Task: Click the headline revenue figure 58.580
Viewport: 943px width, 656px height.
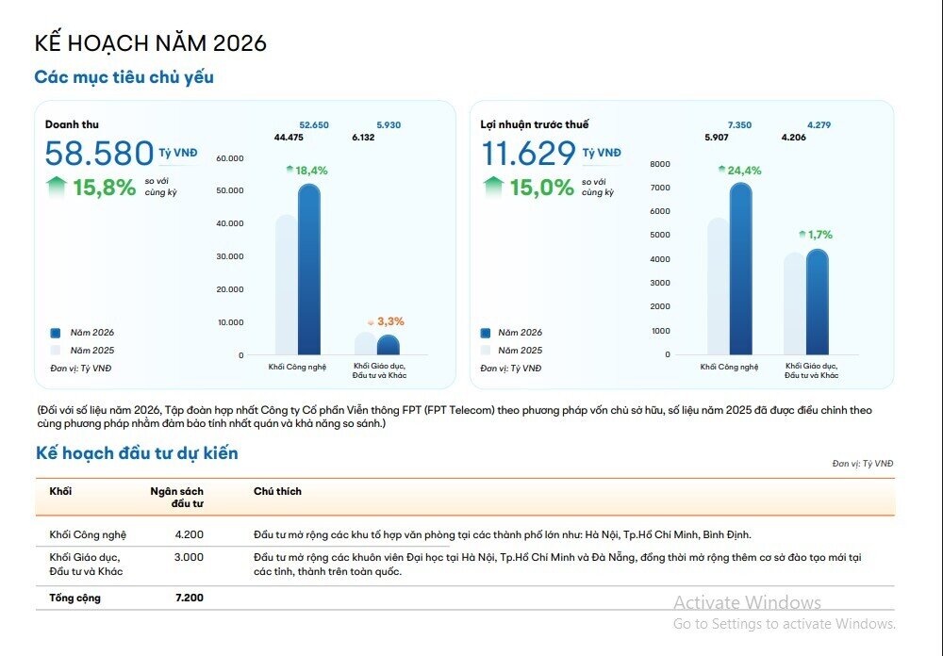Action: [x=99, y=154]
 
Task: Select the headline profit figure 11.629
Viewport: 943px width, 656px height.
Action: [x=528, y=154]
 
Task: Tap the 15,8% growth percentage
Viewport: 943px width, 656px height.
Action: [x=104, y=188]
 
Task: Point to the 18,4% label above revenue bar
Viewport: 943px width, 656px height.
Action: [x=310, y=171]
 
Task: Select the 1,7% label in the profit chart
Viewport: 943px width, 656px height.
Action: [x=819, y=235]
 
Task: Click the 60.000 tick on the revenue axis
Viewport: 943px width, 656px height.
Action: [x=229, y=158]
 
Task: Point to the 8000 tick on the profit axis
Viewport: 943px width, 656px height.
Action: [x=660, y=164]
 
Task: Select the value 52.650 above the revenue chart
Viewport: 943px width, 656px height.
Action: [x=314, y=125]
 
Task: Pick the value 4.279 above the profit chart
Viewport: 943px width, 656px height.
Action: [x=819, y=125]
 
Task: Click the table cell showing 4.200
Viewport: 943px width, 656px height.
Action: [x=189, y=534]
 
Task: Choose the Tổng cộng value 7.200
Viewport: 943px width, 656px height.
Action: [x=189, y=598]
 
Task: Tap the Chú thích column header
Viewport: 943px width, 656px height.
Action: [x=277, y=491]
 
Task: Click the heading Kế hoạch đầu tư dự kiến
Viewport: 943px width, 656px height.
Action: [x=137, y=453]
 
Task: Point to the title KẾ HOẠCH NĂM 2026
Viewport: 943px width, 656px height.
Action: [x=151, y=43]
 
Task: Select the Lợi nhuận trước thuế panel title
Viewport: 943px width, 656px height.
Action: [x=534, y=124]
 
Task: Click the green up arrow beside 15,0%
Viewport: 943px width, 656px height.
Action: [x=493, y=186]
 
